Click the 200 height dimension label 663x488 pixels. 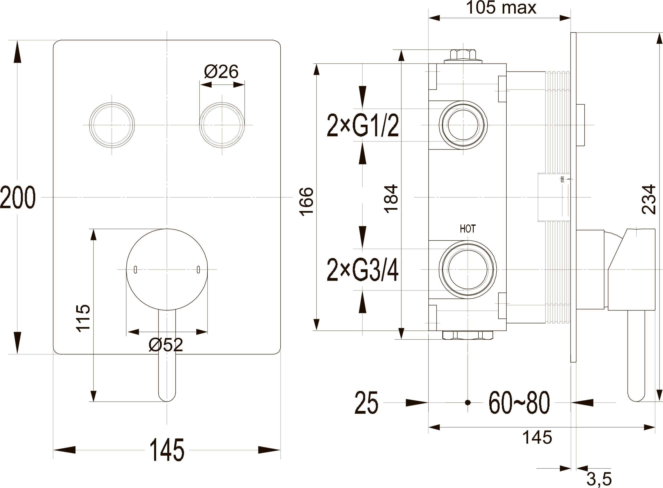18,197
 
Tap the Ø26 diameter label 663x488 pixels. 221,71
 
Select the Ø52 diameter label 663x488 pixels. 166,345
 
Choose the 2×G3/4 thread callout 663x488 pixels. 363,270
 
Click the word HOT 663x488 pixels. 468,229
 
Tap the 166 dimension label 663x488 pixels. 306,202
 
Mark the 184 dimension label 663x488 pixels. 391,198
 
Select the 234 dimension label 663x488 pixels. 649,199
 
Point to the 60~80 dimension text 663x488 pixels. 519,402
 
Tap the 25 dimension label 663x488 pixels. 366,402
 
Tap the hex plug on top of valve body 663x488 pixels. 463,56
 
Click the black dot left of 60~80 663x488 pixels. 467,402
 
